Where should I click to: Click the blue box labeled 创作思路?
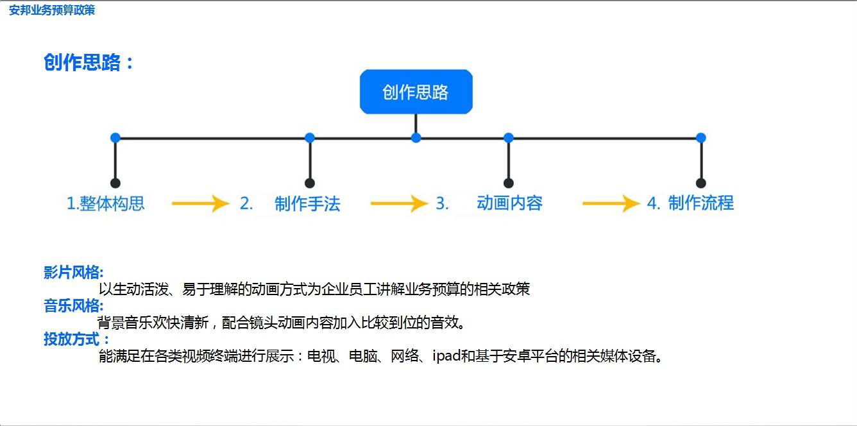[416, 92]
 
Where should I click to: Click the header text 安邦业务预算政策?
[52, 10]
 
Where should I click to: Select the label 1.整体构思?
[106, 203]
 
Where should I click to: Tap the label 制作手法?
[307, 203]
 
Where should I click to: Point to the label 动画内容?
[509, 203]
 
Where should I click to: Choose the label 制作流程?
[701, 203]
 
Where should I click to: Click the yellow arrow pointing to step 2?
[201, 203]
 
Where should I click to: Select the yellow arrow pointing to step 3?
[400, 203]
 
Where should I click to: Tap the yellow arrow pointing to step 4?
[611, 203]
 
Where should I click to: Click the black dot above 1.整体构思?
[115, 183]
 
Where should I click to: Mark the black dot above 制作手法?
[310, 183]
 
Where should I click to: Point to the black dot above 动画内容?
[509, 183]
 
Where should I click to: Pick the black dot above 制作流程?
[701, 183]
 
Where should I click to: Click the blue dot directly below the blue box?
[416, 138]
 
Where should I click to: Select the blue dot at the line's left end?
[115, 138]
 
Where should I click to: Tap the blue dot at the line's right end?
[701, 138]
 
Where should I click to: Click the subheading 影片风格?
[74, 273]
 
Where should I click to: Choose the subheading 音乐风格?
[74, 306]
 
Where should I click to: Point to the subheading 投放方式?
[76, 339]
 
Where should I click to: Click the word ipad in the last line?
[446, 356]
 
